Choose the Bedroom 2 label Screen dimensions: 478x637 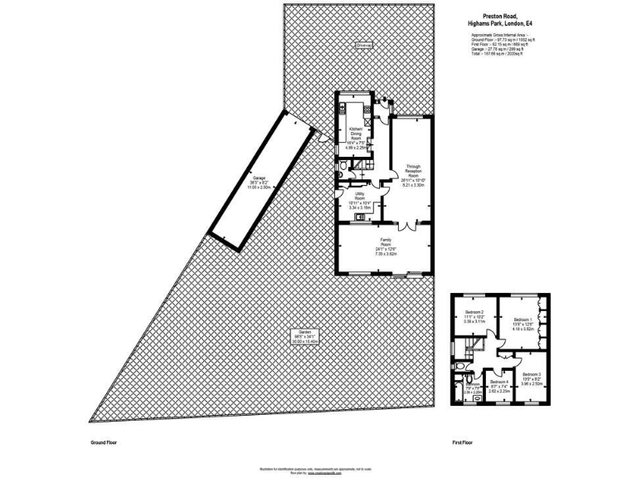click(x=475, y=311)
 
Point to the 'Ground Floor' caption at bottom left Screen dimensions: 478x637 click(x=105, y=444)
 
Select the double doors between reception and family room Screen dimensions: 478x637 click(x=405, y=226)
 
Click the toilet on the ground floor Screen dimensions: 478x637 click(x=343, y=171)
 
